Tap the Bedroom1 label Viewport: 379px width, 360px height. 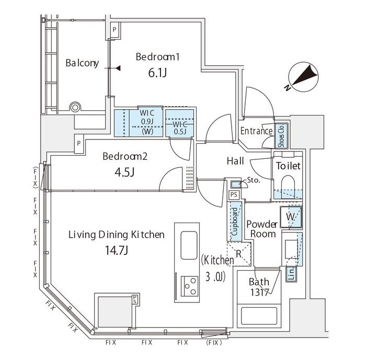[x=157, y=57]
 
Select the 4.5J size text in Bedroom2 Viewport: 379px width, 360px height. [x=125, y=172]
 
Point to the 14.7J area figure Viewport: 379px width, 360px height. [x=116, y=250]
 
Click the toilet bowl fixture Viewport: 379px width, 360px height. [x=288, y=185]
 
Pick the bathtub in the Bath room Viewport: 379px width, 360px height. [x=259, y=316]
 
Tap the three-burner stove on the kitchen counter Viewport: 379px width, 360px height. [x=189, y=286]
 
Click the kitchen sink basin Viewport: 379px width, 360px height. [x=189, y=245]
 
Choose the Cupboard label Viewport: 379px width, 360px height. [x=235, y=222]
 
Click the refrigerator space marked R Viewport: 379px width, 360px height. [x=239, y=254]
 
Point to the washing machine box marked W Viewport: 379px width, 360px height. [x=291, y=217]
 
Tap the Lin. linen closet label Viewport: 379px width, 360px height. [x=292, y=273]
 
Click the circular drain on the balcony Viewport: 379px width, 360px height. [x=75, y=107]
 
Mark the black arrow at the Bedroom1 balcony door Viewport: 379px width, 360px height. [x=118, y=68]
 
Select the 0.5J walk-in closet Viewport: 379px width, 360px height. [x=180, y=123]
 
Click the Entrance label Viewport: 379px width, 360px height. [x=256, y=131]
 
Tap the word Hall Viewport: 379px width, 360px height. [x=235, y=161]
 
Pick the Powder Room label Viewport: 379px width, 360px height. [x=262, y=229]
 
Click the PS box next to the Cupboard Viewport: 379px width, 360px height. [x=234, y=195]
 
